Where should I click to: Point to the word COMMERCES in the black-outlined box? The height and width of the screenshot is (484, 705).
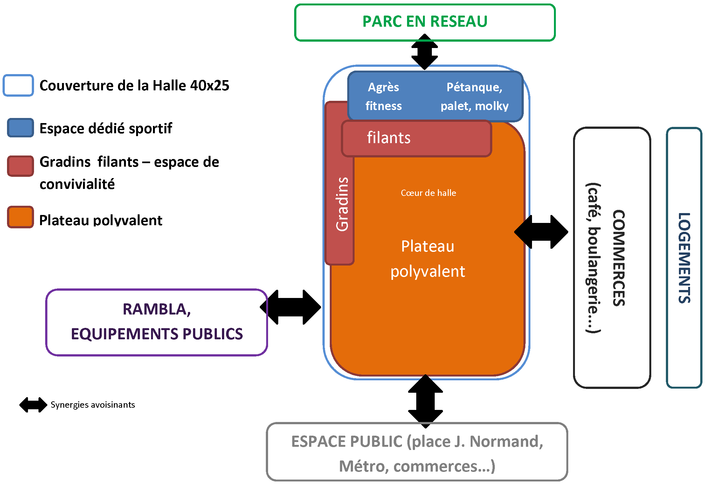pos(619,258)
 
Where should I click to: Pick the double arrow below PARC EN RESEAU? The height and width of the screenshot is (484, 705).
pos(425,52)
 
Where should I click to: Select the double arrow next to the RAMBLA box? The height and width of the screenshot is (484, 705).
pos(290,307)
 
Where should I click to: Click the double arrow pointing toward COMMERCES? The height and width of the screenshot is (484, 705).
pos(541,232)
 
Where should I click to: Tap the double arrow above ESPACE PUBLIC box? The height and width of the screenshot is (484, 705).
pos(425,401)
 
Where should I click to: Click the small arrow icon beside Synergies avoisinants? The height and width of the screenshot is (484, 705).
pos(33,405)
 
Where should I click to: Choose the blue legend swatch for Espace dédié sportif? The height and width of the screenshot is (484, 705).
pos(20,128)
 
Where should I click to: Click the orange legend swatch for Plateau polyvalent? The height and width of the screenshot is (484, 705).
pos(20,217)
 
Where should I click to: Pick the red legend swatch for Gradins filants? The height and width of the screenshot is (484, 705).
pos(20,166)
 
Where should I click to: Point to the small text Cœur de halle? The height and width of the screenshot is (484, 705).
pos(428,193)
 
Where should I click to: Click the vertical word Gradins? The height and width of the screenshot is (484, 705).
pos(342,204)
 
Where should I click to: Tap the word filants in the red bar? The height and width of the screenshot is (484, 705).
pos(389,138)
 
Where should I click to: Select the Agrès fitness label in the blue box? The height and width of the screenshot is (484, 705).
pos(384,96)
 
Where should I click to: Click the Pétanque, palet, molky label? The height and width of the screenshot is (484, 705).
pos(474,96)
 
